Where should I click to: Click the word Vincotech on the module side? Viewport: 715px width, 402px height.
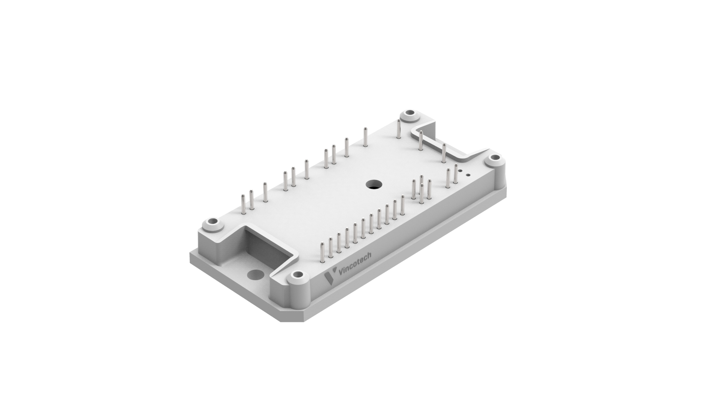coord(355,265)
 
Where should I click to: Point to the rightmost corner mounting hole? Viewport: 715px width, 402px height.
coord(494,158)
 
